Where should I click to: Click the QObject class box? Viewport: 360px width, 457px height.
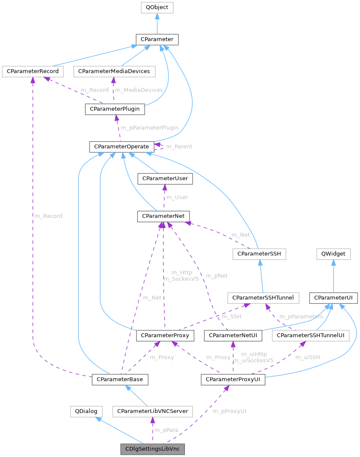(157, 7)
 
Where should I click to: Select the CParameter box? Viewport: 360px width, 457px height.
(157, 39)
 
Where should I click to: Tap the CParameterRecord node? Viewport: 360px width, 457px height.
(33, 71)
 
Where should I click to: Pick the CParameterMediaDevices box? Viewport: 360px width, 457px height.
(114, 71)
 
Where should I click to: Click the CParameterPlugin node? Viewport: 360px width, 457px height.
(115, 110)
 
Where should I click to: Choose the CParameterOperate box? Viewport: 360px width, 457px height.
(121, 147)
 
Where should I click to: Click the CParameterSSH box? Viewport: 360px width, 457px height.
(259, 254)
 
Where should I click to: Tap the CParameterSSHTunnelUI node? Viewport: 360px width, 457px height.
(310, 336)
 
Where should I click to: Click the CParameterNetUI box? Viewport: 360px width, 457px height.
(233, 336)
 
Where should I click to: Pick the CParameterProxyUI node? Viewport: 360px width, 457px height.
(233, 379)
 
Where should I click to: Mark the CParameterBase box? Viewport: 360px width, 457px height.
(120, 379)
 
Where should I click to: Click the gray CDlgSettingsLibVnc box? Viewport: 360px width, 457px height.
(152, 449)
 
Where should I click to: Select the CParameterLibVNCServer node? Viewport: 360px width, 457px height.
(152, 411)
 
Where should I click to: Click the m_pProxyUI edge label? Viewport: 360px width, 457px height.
(229, 411)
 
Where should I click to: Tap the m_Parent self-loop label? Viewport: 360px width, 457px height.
(179, 146)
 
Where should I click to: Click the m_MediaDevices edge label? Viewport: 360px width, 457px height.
(139, 90)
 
